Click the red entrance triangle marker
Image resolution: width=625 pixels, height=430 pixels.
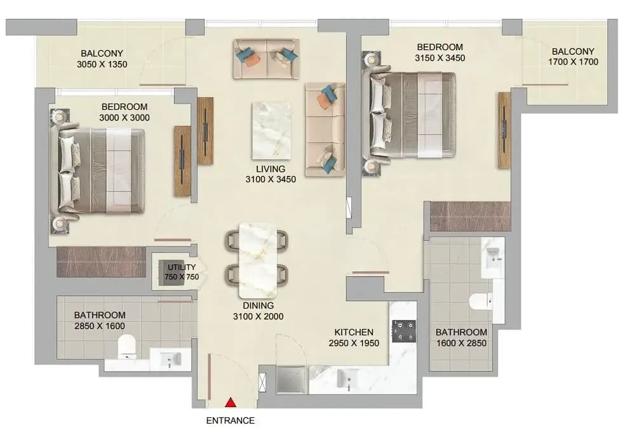(x=231, y=403)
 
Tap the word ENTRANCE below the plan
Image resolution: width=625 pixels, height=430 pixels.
(x=231, y=420)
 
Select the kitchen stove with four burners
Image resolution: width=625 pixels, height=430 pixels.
(x=404, y=331)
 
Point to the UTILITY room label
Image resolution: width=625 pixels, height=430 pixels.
(x=182, y=267)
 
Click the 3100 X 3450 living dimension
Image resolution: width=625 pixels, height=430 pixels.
(x=271, y=179)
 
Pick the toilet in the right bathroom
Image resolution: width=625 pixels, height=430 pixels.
(x=481, y=301)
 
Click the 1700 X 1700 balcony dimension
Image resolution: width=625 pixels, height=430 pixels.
(x=573, y=62)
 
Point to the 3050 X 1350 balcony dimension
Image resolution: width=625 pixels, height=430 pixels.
(x=102, y=64)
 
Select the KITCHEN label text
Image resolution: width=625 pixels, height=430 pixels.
(x=354, y=332)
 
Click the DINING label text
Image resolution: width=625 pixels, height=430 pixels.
(x=259, y=306)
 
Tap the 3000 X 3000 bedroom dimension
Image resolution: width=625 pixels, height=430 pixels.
(x=124, y=118)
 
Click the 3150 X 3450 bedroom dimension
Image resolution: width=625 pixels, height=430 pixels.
(x=440, y=58)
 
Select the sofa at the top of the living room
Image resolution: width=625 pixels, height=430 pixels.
(x=266, y=58)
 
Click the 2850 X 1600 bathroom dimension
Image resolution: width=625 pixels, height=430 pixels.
(x=100, y=326)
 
